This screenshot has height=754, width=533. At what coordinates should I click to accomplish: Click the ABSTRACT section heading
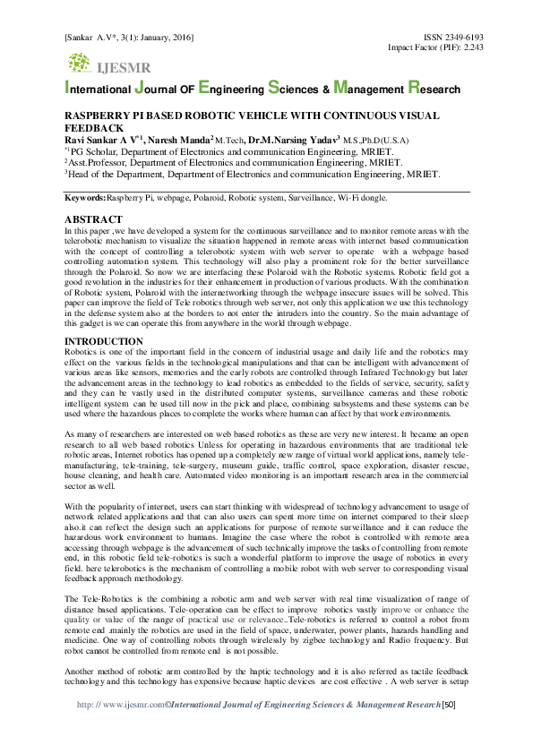(x=93, y=219)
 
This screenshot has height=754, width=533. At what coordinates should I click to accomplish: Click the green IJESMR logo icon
(x=79, y=63)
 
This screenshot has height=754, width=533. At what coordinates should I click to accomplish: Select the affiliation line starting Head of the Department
(x=251, y=175)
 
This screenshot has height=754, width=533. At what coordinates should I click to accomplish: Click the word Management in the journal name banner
(x=367, y=90)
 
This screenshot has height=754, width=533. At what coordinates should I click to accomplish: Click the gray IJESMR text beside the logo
(x=125, y=67)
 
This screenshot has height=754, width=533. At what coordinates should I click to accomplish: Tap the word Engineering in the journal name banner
(x=229, y=90)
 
